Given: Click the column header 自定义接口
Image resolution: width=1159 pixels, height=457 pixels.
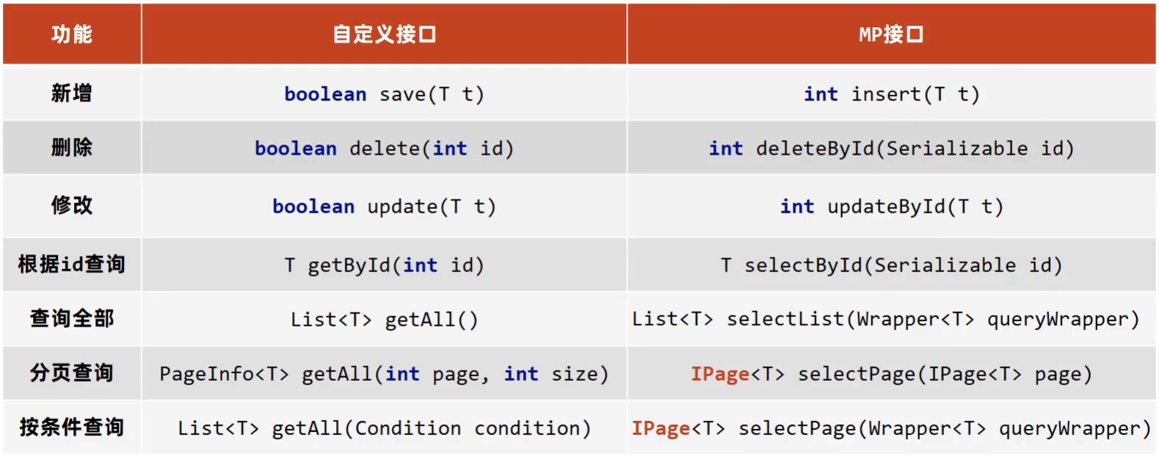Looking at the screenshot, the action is (x=384, y=34).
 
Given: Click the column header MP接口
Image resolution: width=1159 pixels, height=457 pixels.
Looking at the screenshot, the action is (x=890, y=34).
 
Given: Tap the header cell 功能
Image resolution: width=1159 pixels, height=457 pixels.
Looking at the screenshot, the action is (x=72, y=34).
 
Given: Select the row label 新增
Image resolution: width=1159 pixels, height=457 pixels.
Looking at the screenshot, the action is (x=72, y=93).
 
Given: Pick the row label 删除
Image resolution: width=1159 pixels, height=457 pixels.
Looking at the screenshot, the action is (x=72, y=147).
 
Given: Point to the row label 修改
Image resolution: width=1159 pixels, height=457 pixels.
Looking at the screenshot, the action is (x=72, y=205).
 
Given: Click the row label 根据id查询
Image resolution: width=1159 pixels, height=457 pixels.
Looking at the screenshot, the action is (x=72, y=264).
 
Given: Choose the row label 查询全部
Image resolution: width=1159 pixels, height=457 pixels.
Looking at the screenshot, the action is (x=72, y=318).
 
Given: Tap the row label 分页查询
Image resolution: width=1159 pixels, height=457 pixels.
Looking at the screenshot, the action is (x=72, y=373).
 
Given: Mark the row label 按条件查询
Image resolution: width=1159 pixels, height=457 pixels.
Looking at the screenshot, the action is (x=72, y=427).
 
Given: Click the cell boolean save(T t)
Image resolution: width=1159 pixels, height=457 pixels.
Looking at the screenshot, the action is (x=384, y=95).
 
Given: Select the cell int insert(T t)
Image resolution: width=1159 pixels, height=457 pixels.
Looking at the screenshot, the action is (x=891, y=95).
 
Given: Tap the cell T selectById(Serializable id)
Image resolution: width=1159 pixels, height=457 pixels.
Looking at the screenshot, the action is (x=891, y=266).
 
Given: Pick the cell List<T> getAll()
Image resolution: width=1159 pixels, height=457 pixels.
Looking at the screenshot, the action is (x=384, y=320).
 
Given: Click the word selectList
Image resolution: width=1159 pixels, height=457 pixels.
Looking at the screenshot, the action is (x=785, y=319).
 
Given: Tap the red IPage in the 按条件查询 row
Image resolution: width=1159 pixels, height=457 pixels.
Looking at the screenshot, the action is (x=661, y=428).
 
